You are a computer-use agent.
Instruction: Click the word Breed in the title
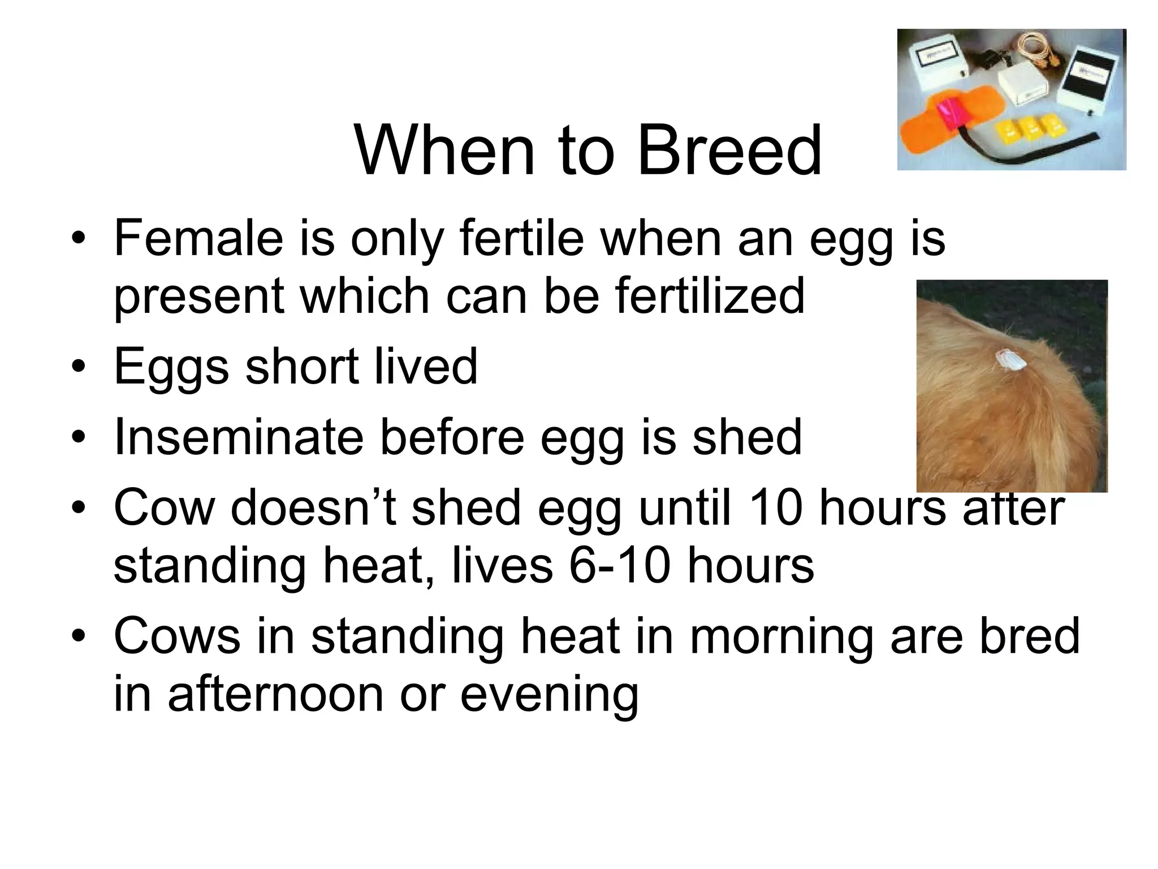pyautogui.click(x=729, y=151)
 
